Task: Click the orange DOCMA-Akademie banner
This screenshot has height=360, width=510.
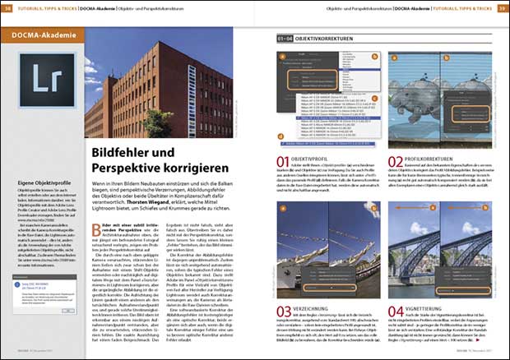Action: pos(41,35)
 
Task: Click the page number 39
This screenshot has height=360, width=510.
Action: pos(502,7)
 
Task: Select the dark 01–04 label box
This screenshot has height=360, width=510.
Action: pos(282,38)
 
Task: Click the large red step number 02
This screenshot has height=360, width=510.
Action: pos(396,162)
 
